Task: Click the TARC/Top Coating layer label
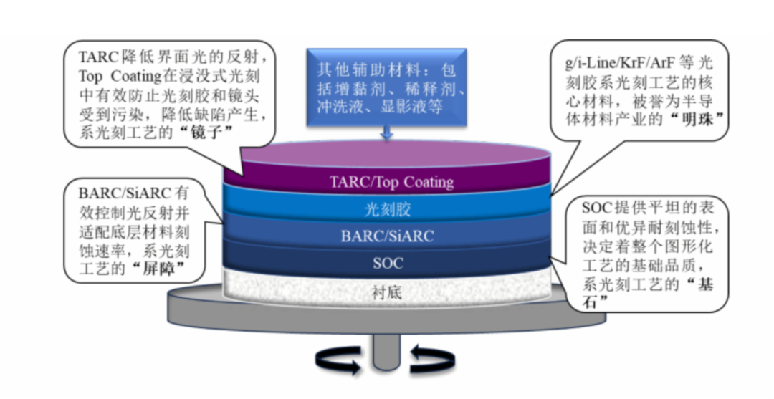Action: click(x=391, y=182)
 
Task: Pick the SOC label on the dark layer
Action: click(x=388, y=263)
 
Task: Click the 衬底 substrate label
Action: click(x=388, y=292)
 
